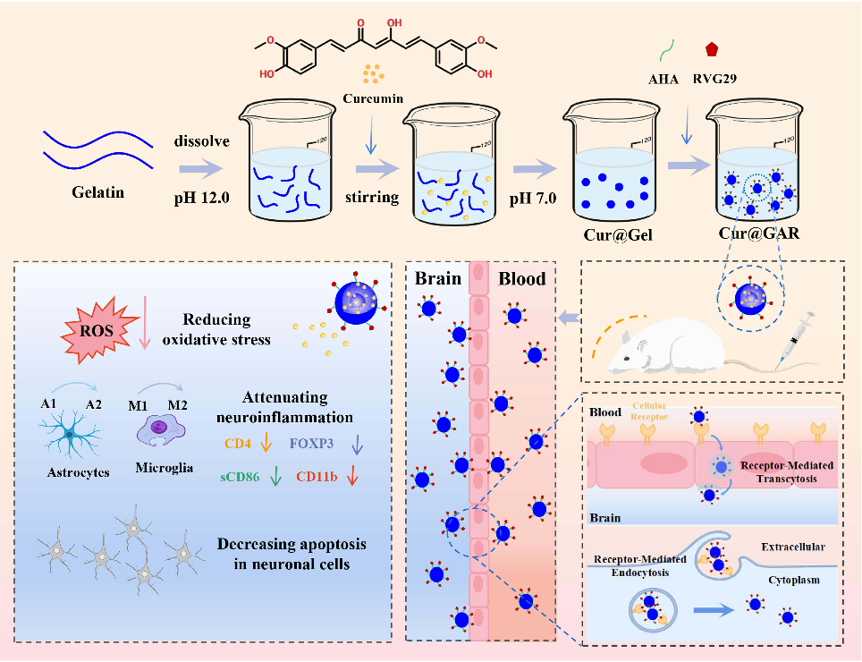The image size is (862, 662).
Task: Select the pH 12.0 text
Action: click(x=203, y=198)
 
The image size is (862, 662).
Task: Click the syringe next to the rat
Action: click(x=795, y=336)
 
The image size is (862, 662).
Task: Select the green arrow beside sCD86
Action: click(x=275, y=477)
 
